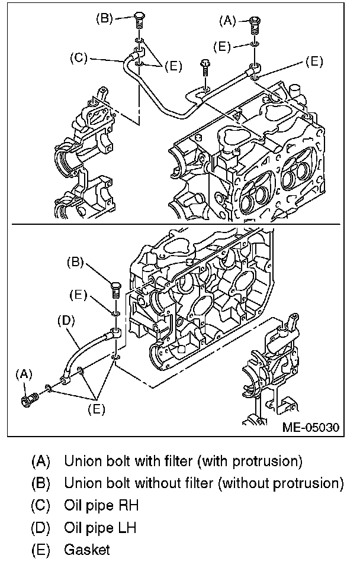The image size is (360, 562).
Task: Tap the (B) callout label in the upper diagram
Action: (x=105, y=18)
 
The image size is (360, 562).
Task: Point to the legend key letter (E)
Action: (x=41, y=549)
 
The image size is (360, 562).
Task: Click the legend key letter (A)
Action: (x=41, y=460)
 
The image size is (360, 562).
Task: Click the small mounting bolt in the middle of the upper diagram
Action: (x=205, y=67)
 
